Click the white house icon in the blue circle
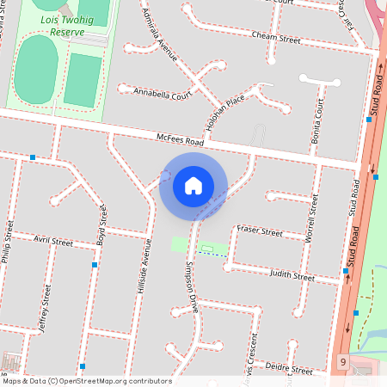tap(193, 185)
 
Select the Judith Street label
tap(292, 275)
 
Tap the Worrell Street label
tap(312, 218)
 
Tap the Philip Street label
tap(8, 244)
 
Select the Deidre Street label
tap(290, 369)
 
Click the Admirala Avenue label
tap(163, 41)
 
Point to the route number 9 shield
tap(342, 363)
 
